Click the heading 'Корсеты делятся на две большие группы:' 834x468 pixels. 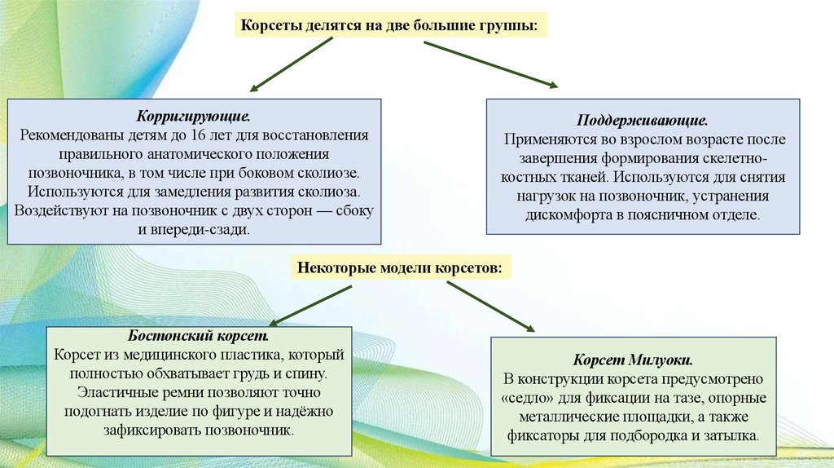pos(389,25)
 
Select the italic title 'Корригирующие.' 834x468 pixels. pos(194,117)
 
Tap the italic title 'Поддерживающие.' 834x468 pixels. pos(643,121)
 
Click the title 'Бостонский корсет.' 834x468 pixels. pos(198,337)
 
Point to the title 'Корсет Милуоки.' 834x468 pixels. pos(633,360)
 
